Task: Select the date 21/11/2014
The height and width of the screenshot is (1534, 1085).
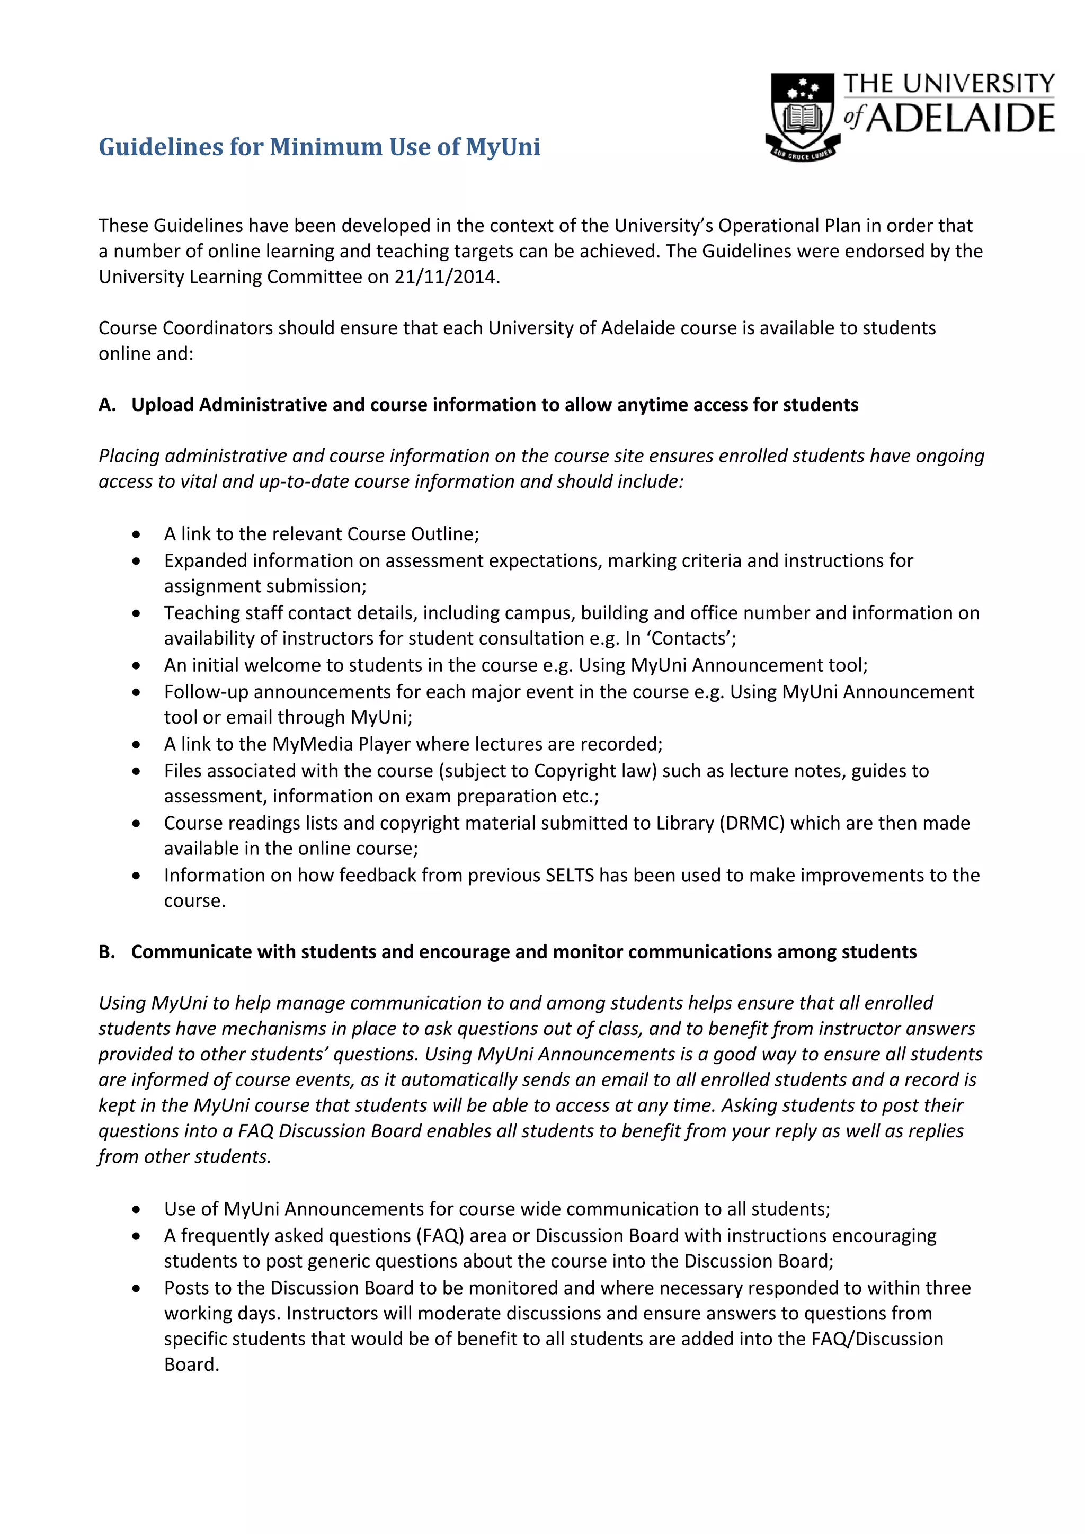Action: (446, 277)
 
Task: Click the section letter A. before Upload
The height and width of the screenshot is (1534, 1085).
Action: (107, 405)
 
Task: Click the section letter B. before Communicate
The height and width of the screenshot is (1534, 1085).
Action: (107, 952)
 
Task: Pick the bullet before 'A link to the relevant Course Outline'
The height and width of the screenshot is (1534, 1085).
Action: (136, 534)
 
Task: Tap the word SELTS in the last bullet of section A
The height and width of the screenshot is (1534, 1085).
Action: (569, 875)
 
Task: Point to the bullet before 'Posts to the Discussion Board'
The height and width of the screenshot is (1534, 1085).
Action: (136, 1289)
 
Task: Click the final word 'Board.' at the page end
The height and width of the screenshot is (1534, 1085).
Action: (192, 1364)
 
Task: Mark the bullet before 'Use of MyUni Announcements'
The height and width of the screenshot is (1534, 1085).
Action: (136, 1210)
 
